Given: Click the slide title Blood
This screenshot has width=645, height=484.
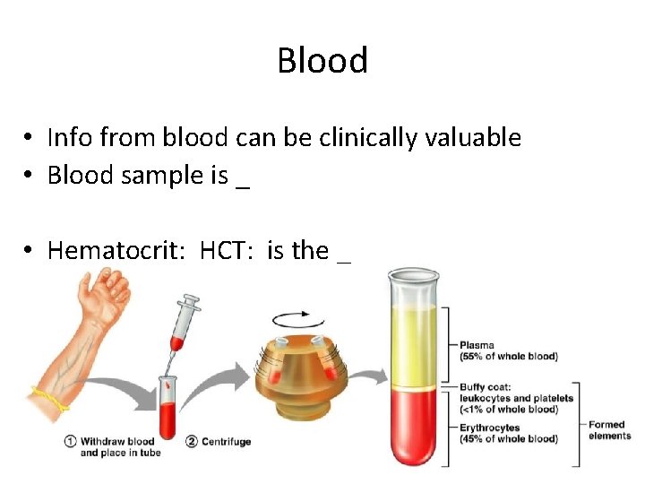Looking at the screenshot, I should tap(322, 61).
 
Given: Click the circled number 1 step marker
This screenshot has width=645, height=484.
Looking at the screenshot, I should tap(70, 441).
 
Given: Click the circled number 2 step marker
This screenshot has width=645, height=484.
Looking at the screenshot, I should tap(192, 441).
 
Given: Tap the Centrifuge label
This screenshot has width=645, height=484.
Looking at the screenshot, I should tap(226, 441).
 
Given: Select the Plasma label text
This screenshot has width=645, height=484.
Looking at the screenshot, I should tap(477, 345).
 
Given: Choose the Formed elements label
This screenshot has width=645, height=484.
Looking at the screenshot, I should tap(609, 430).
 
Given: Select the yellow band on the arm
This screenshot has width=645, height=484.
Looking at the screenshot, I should tap(49, 398).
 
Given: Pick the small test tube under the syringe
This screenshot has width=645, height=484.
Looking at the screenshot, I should tap(169, 399).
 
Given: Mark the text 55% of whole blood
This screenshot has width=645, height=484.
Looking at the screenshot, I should tap(508, 356).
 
